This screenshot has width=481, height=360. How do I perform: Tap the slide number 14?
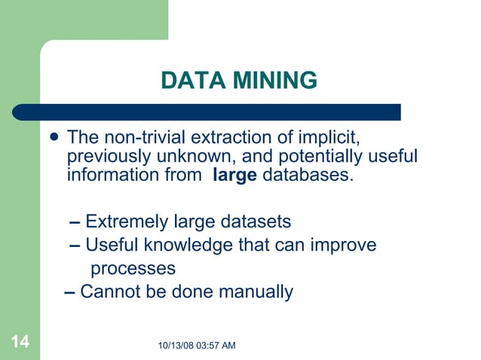point(20,343)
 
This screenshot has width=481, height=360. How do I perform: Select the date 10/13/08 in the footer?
point(179,345)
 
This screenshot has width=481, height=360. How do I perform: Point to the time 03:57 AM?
point(219,345)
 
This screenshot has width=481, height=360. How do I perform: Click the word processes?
point(133,268)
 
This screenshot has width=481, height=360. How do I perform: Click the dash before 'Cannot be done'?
point(69,291)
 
